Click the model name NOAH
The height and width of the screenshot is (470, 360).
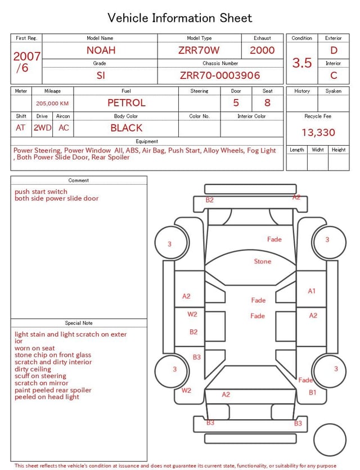point(101,50)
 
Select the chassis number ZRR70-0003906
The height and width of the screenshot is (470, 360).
point(220,75)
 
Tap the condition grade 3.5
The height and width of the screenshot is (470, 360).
point(302,62)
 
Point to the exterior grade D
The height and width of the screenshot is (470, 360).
point(334,50)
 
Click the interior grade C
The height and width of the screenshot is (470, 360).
point(334,75)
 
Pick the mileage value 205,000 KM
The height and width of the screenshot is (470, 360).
point(52,104)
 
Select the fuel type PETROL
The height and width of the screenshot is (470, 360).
point(127,103)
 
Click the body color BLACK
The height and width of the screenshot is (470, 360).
point(127,128)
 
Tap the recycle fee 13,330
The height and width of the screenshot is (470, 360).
point(318,132)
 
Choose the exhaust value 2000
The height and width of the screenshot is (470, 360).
point(262,50)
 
